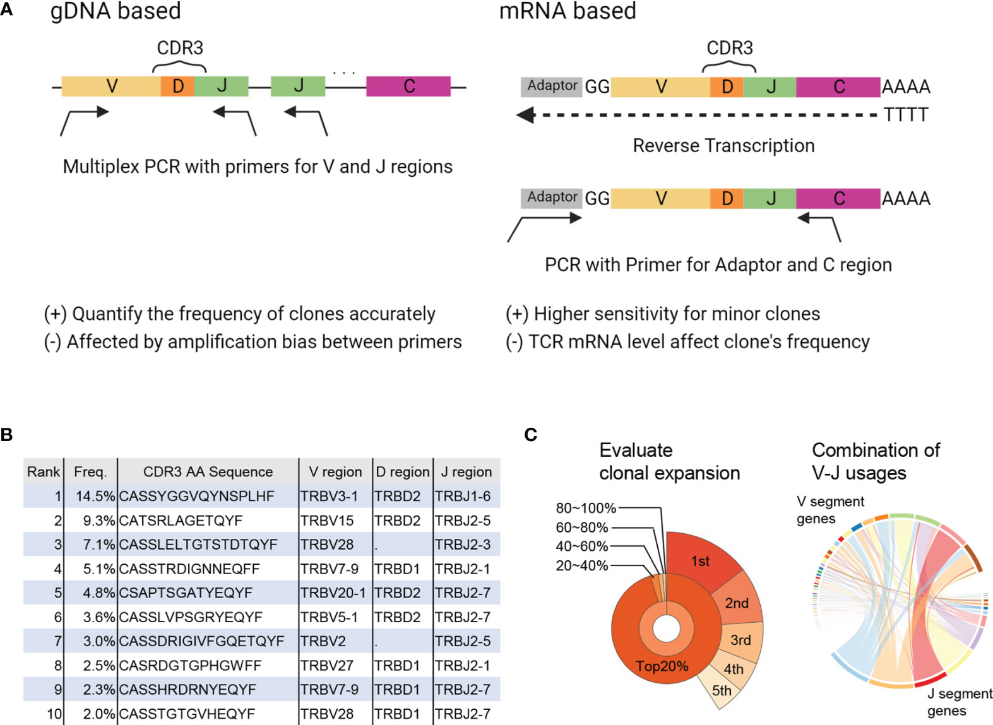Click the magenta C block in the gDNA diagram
click(x=408, y=86)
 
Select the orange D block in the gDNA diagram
click(x=177, y=86)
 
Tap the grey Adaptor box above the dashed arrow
click(x=551, y=86)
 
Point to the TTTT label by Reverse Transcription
click(x=905, y=115)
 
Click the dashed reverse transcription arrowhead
click(x=525, y=115)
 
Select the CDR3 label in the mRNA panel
click(x=729, y=49)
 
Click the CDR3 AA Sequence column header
click(x=208, y=471)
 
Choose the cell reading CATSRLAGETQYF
click(x=181, y=521)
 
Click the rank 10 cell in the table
click(x=54, y=714)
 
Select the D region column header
click(x=403, y=471)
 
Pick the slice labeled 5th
click(x=721, y=690)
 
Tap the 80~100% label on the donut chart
click(x=585, y=508)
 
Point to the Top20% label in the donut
click(x=662, y=666)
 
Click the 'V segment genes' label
click(x=829, y=510)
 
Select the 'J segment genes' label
click(x=958, y=702)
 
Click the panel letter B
click(x=7, y=435)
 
